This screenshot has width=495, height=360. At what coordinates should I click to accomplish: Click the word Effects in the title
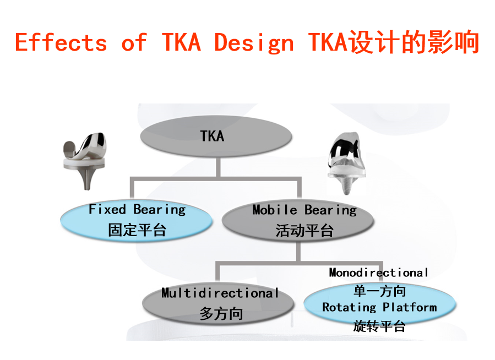[61, 42]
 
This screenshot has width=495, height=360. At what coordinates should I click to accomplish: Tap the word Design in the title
[254, 42]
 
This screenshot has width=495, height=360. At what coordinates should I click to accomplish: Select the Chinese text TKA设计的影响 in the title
[394, 42]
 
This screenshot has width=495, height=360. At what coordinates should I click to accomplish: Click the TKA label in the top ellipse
[212, 137]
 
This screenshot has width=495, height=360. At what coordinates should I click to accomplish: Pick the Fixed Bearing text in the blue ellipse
[137, 210]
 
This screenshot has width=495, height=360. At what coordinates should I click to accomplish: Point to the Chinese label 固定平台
[137, 230]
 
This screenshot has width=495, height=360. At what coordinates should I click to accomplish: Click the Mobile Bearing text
[304, 210]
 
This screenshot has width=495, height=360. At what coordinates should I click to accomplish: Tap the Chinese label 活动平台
[304, 231]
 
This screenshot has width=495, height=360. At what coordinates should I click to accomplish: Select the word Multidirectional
[220, 293]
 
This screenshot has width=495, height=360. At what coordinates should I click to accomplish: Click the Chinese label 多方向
[221, 314]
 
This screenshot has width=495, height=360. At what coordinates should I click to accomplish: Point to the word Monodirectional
[378, 272]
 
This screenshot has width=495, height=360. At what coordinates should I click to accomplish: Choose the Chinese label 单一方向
[379, 291]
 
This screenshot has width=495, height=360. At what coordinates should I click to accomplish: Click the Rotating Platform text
[379, 307]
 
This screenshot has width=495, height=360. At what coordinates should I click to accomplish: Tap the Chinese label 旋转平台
[379, 326]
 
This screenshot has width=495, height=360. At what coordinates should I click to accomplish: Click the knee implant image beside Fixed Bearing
[85, 161]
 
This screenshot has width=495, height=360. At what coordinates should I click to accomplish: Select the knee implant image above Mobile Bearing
[347, 163]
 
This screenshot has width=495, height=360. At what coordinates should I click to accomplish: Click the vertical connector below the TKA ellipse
[218, 167]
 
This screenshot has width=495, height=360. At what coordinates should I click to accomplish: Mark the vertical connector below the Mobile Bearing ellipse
[298, 251]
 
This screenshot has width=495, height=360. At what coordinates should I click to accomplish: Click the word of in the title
[134, 42]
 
